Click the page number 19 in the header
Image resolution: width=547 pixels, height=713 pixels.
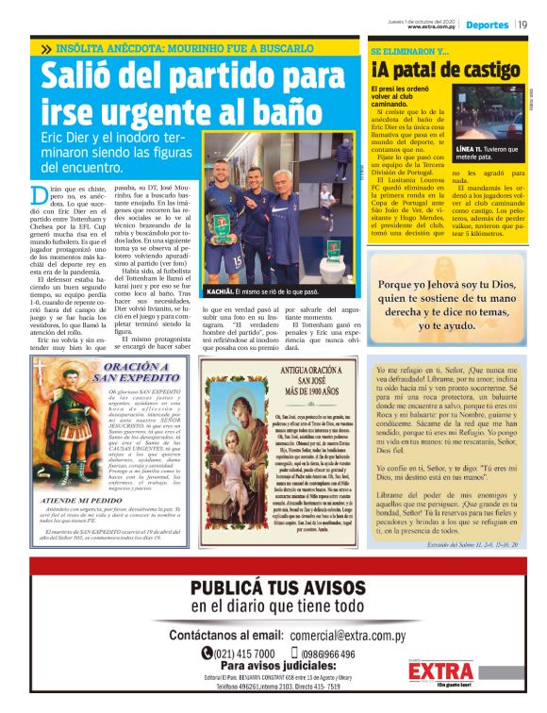pyautogui.click(x=522, y=25)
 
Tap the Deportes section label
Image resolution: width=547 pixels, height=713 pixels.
pyautogui.click(x=487, y=25)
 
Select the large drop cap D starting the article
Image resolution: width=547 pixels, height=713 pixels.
pyautogui.click(x=39, y=196)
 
